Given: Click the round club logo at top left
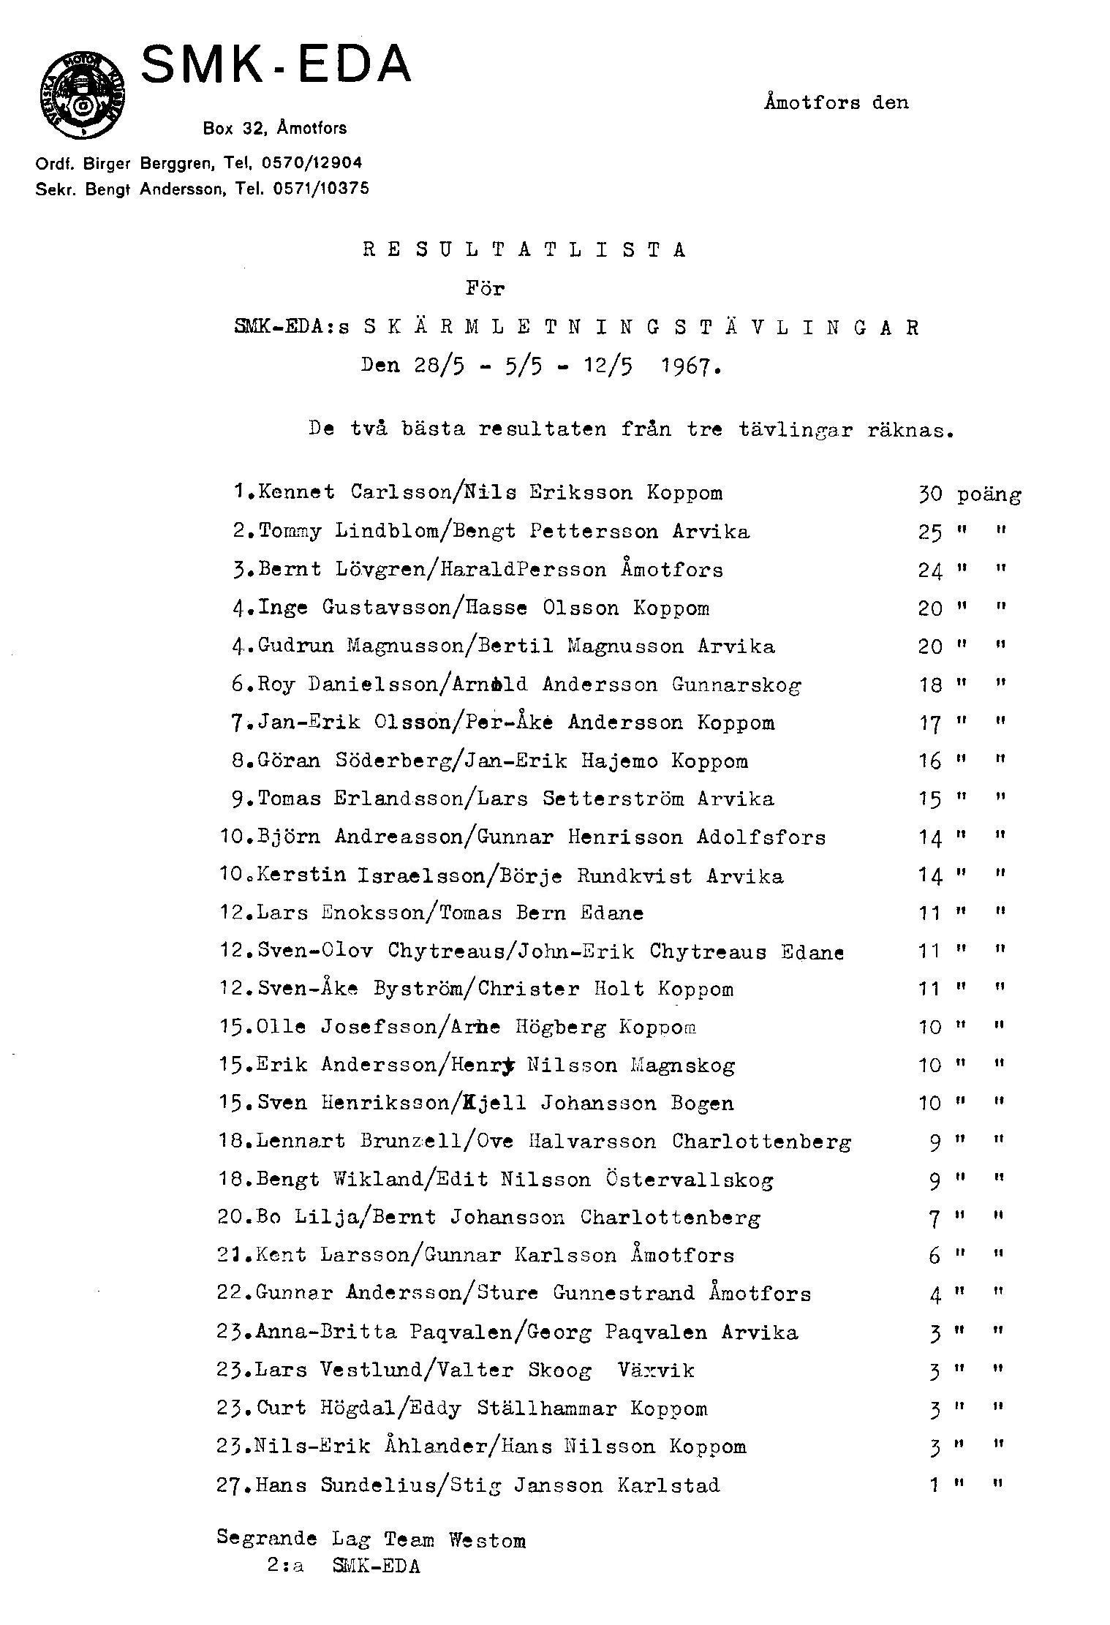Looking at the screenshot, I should [x=82, y=97].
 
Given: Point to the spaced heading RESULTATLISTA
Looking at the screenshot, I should [x=524, y=251].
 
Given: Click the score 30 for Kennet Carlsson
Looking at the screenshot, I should [x=930, y=494].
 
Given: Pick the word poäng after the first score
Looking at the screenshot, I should [x=989, y=496].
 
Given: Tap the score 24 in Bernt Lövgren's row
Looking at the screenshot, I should [x=930, y=570].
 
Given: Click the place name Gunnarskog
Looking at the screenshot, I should [x=736, y=685].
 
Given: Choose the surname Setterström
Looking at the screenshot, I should [x=613, y=799].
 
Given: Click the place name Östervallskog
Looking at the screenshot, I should [x=690, y=1180].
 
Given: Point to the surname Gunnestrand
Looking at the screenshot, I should [x=624, y=1294].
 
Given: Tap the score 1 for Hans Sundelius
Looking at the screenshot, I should [x=934, y=1485].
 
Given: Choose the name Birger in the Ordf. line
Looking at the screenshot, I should [x=108, y=162].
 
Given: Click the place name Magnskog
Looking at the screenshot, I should [x=683, y=1066].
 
